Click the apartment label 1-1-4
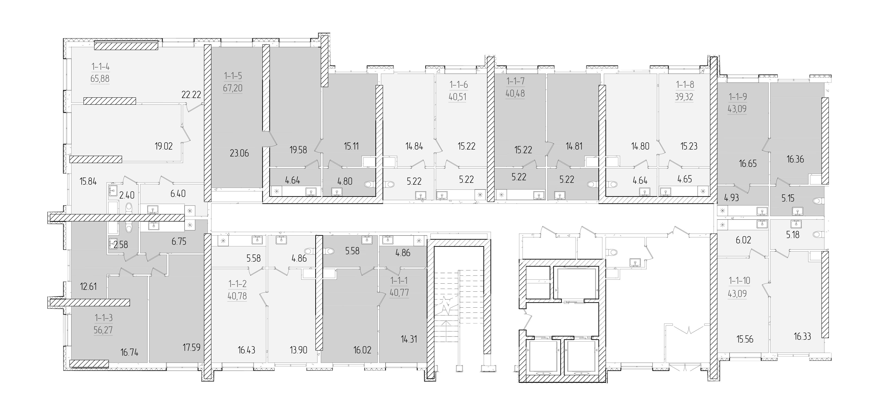click(x=100, y=67)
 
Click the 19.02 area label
click(x=164, y=147)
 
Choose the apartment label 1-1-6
click(x=459, y=85)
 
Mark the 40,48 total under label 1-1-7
click(x=515, y=93)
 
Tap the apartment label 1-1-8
click(x=684, y=85)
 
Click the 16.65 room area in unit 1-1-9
click(x=748, y=164)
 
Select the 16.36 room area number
click(x=795, y=159)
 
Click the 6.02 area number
click(x=743, y=240)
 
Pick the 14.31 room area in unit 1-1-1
click(x=409, y=339)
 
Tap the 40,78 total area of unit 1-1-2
click(x=237, y=296)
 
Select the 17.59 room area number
click(x=192, y=348)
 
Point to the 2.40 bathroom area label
click(x=127, y=195)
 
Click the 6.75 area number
click(x=179, y=242)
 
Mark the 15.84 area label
click(x=88, y=182)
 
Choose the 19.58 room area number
click(x=298, y=150)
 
